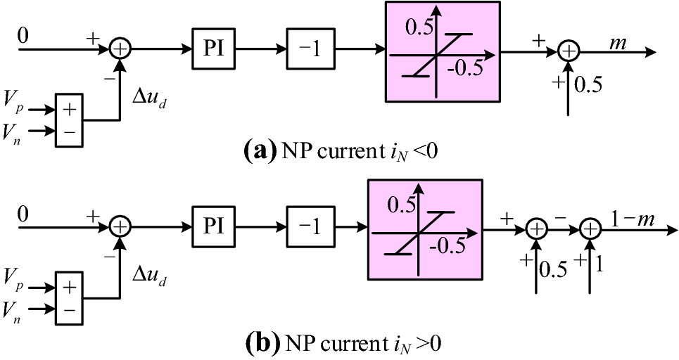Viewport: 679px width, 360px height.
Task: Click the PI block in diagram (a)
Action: [x=215, y=50]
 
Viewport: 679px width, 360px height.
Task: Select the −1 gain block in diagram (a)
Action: [x=310, y=50]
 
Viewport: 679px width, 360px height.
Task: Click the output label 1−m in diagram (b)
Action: [x=633, y=219]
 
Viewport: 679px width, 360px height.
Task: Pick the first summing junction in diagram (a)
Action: [x=121, y=50]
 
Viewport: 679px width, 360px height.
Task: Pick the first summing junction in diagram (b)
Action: [x=121, y=226]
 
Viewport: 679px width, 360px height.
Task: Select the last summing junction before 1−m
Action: [x=591, y=228]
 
